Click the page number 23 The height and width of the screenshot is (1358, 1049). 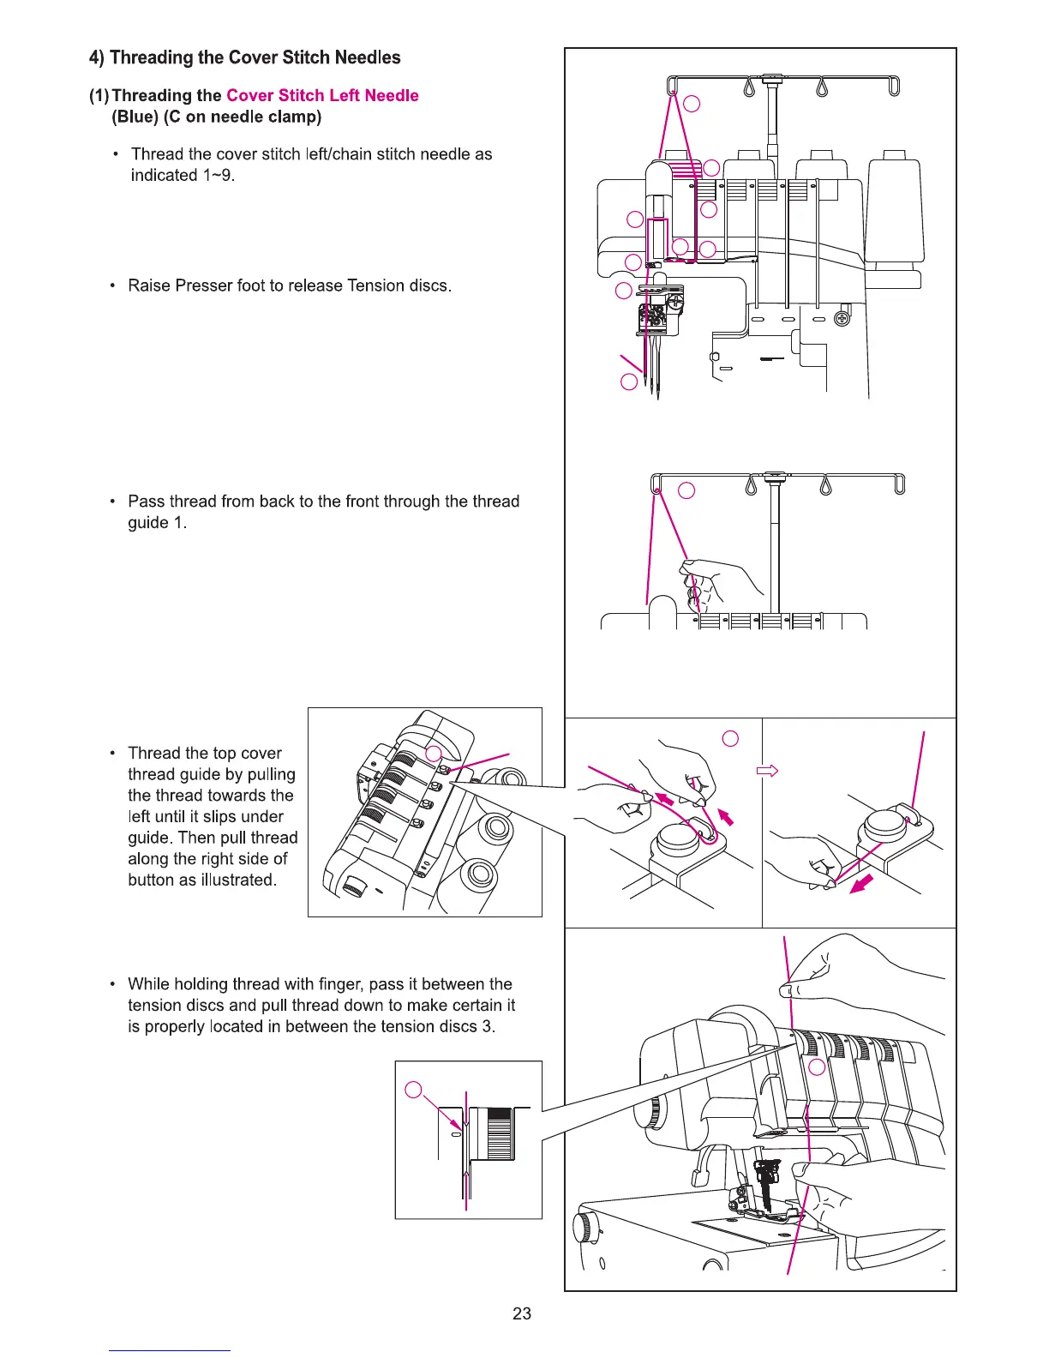tap(521, 1313)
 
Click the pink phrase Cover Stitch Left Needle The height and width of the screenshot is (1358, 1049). tap(322, 95)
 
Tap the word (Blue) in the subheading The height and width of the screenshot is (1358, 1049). tap(135, 117)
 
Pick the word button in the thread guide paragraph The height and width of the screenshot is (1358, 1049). tap(152, 880)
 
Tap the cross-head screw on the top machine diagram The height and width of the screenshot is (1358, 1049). tap(842, 320)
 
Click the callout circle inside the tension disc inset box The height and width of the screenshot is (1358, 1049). tap(413, 1090)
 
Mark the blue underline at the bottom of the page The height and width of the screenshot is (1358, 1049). tap(169, 1350)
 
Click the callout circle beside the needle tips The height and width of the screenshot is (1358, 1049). tap(628, 382)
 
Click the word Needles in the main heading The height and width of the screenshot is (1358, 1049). tap(368, 57)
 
